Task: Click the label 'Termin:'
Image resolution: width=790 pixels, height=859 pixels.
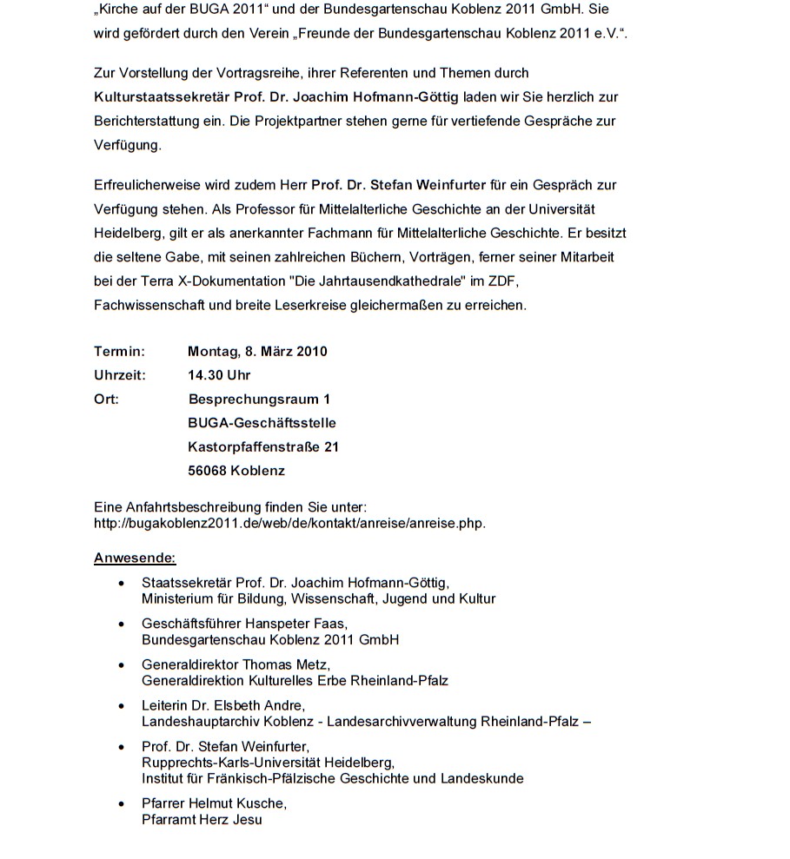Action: (x=119, y=352)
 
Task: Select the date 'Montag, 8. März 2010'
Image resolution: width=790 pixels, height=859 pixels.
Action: (x=257, y=352)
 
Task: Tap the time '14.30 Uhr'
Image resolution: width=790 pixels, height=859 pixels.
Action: (x=219, y=375)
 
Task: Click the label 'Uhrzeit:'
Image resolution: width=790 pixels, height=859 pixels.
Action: (x=120, y=375)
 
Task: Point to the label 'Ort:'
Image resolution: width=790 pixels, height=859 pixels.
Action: (x=106, y=400)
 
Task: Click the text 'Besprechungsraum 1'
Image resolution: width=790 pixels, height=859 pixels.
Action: (x=259, y=400)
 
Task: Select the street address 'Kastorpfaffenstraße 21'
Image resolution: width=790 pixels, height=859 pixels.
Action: (x=263, y=447)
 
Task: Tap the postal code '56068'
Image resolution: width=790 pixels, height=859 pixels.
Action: (x=207, y=471)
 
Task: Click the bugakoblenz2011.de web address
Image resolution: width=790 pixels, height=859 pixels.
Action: (x=289, y=523)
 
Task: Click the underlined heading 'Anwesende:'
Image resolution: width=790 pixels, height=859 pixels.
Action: (x=135, y=558)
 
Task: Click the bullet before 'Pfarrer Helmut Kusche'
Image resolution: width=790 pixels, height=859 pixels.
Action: (x=122, y=803)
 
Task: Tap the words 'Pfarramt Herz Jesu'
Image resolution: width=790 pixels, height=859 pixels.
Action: (x=202, y=819)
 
